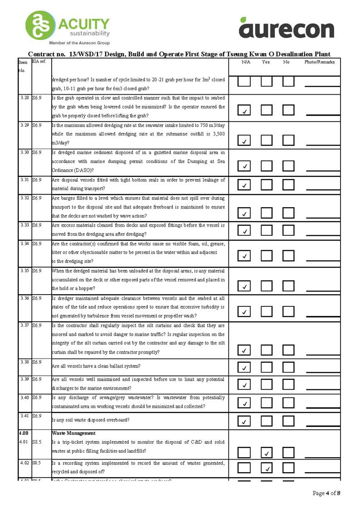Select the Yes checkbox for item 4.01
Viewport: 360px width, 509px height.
pos(267,452)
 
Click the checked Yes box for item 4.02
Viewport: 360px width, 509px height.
pos(267,467)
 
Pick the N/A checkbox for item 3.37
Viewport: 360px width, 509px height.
pos(244,350)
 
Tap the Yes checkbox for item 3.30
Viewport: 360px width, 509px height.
pos(267,166)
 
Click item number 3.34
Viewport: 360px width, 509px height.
pos(24,243)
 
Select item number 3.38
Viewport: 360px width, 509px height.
pos(24,362)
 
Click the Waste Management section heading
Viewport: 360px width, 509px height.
pos(73,433)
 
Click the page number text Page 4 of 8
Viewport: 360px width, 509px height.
pos(326,493)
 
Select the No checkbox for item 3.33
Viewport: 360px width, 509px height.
pos(288,230)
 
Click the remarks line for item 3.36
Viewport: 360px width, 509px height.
pos(322,315)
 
